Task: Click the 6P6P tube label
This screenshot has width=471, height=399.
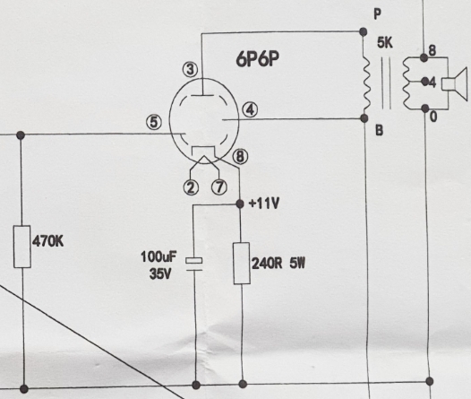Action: pos(257,59)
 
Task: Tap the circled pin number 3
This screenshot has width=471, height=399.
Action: pos(190,69)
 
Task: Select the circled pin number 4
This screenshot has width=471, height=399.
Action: pos(250,109)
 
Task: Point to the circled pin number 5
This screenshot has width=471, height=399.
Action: pos(154,122)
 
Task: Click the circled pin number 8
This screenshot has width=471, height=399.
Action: pos(240,157)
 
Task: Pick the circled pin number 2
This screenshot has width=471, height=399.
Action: pos(191,187)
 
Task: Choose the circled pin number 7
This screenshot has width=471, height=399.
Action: pos(219,186)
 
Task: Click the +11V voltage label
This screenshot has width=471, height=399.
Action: pos(264,204)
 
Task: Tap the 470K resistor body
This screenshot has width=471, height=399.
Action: pos(22,247)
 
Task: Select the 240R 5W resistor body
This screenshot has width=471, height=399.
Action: pos(242,263)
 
